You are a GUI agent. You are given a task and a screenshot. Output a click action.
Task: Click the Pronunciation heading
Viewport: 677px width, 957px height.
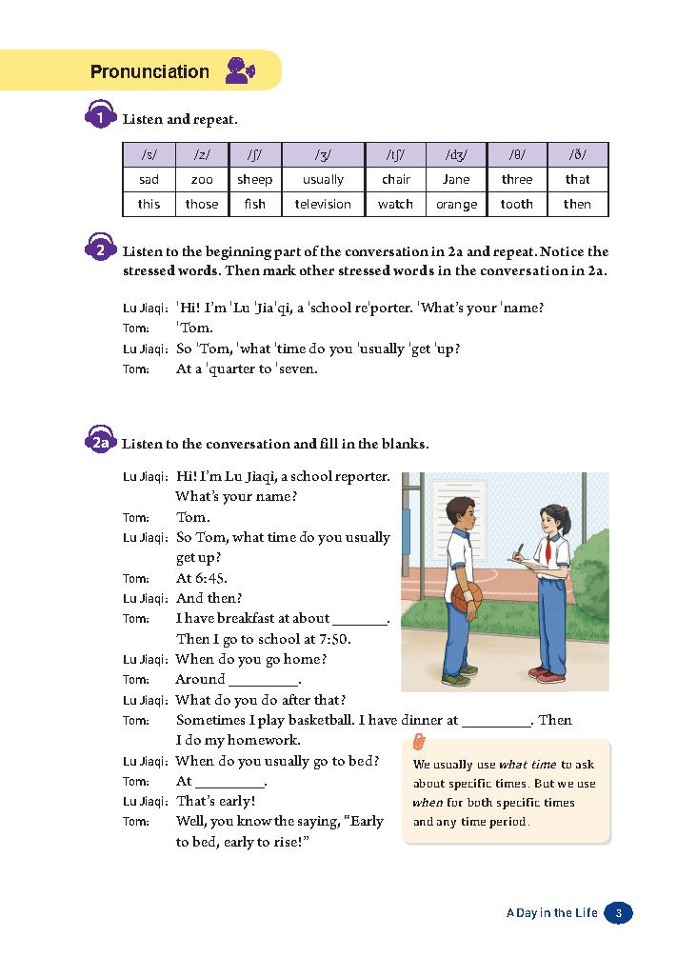point(149,71)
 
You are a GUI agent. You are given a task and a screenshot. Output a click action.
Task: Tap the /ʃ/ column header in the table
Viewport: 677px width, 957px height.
point(254,154)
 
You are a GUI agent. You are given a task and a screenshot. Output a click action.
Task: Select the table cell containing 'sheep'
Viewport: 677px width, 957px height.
point(254,179)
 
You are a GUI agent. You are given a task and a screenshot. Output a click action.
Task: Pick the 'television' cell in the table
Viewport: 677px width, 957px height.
point(323,204)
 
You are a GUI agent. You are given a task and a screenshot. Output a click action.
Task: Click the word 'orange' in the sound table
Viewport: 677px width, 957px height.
point(456,204)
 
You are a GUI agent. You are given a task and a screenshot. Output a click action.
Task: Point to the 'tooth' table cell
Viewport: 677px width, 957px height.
point(516,204)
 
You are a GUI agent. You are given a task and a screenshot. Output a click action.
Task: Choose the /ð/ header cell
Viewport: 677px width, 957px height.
point(576,154)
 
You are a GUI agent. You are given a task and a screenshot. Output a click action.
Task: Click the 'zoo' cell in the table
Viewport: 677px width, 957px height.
point(202,179)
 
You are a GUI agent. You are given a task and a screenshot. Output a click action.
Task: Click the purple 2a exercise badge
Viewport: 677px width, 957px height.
point(101,443)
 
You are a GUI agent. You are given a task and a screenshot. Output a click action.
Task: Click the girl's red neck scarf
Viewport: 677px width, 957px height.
point(552,547)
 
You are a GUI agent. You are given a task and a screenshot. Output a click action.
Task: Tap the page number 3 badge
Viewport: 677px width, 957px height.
point(618,912)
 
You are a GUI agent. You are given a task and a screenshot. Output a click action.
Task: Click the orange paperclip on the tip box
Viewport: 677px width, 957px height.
point(417,743)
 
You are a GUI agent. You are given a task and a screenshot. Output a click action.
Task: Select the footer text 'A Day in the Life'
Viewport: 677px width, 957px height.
point(551,912)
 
